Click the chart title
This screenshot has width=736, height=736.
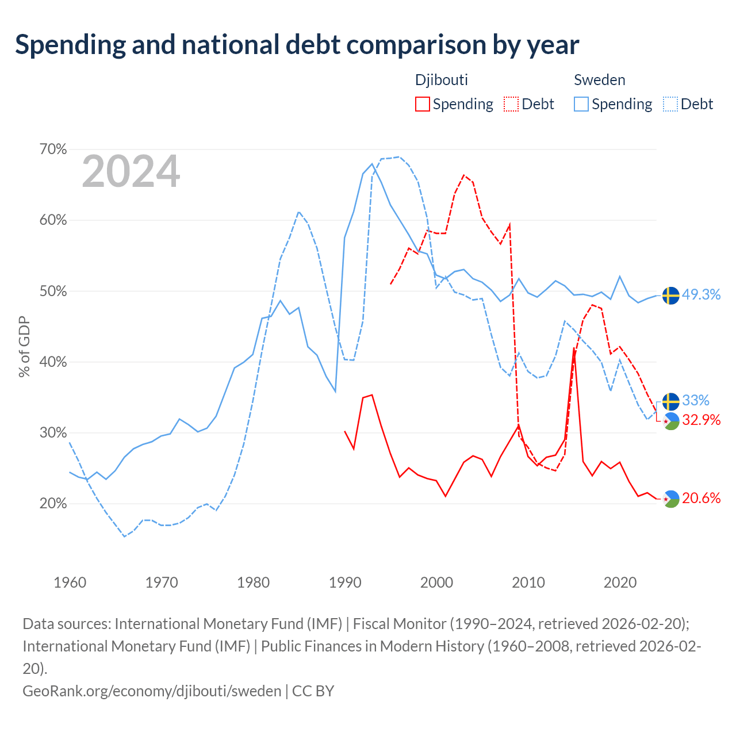[x=297, y=45]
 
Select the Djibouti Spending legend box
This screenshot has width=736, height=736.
[x=422, y=104]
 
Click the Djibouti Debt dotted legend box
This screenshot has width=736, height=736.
[x=511, y=104]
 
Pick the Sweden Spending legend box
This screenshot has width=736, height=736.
[x=581, y=104]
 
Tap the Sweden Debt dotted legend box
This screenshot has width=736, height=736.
[x=670, y=104]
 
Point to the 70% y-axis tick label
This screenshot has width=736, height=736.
[x=53, y=149]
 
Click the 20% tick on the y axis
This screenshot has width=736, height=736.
[x=53, y=503]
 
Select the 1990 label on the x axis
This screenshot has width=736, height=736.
[x=345, y=582]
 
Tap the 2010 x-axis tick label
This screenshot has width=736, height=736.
[x=528, y=582]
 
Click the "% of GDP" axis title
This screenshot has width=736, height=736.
[x=24, y=346]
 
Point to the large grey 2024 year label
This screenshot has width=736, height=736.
[x=131, y=171]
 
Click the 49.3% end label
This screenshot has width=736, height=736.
[x=701, y=294]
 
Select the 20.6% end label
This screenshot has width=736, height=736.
[x=701, y=498]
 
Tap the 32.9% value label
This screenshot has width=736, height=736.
[x=701, y=420]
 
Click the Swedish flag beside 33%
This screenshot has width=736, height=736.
[x=670, y=401]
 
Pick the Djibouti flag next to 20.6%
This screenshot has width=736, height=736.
[x=670, y=499]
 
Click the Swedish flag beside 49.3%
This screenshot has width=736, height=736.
[x=670, y=296]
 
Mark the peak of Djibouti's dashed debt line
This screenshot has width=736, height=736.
[x=464, y=175]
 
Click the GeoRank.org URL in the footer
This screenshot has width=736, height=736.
[x=152, y=691]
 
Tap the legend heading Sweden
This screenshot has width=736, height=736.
[x=599, y=80]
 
